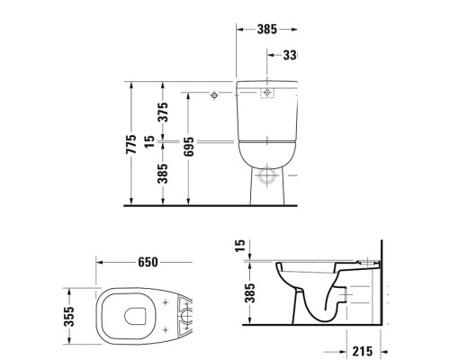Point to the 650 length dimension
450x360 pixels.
click(x=148, y=262)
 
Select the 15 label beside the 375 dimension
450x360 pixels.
click(x=163, y=141)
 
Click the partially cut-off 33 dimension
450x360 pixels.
click(x=289, y=55)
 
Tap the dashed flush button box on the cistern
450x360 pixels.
click(x=267, y=93)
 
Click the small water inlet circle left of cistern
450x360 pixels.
click(x=213, y=94)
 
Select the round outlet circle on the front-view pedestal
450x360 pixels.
click(x=267, y=177)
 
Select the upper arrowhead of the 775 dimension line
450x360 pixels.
click(x=131, y=84)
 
